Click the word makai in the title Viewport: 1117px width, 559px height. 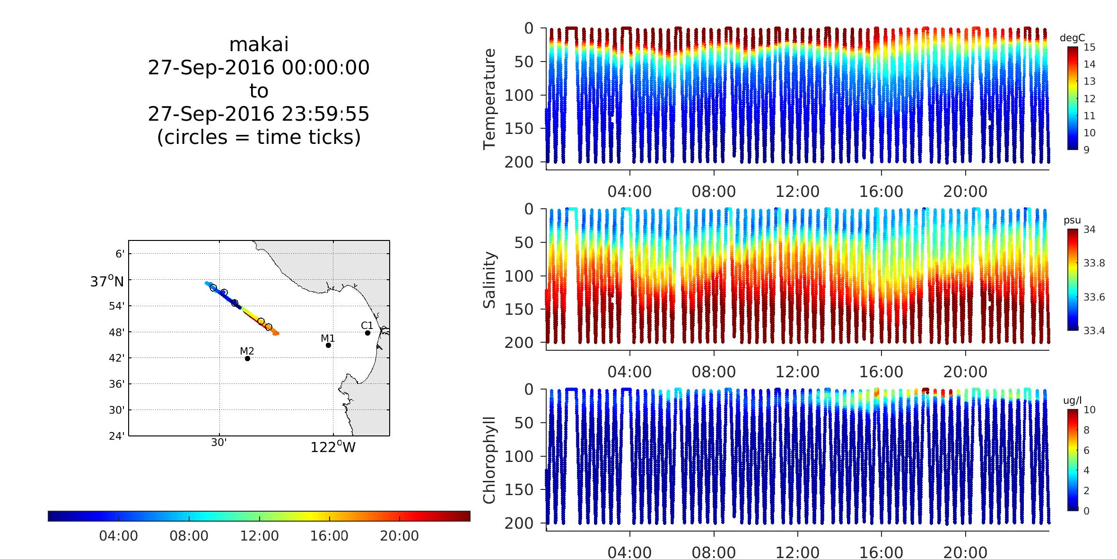click(259, 45)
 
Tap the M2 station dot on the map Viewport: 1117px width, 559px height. click(247, 358)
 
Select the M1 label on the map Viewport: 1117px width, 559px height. click(328, 338)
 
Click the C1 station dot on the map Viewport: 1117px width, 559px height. click(367, 333)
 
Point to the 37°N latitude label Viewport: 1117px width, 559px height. click(107, 282)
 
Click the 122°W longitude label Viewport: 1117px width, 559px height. click(333, 447)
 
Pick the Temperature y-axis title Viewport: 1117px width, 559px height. click(489, 99)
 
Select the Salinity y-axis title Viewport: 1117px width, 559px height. click(489, 280)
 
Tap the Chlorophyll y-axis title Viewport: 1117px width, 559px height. click(489, 460)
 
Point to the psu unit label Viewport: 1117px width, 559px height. click(1072, 221)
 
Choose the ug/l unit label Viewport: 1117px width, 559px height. click(1072, 401)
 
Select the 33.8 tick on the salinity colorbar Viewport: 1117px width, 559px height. click(1094, 263)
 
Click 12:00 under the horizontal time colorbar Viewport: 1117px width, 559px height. click(259, 536)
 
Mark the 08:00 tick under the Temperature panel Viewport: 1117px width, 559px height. click(714, 192)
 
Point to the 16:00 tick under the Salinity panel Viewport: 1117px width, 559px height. click(881, 372)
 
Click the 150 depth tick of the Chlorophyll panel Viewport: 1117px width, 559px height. click(518, 490)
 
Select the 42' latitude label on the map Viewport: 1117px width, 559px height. click(118, 358)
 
